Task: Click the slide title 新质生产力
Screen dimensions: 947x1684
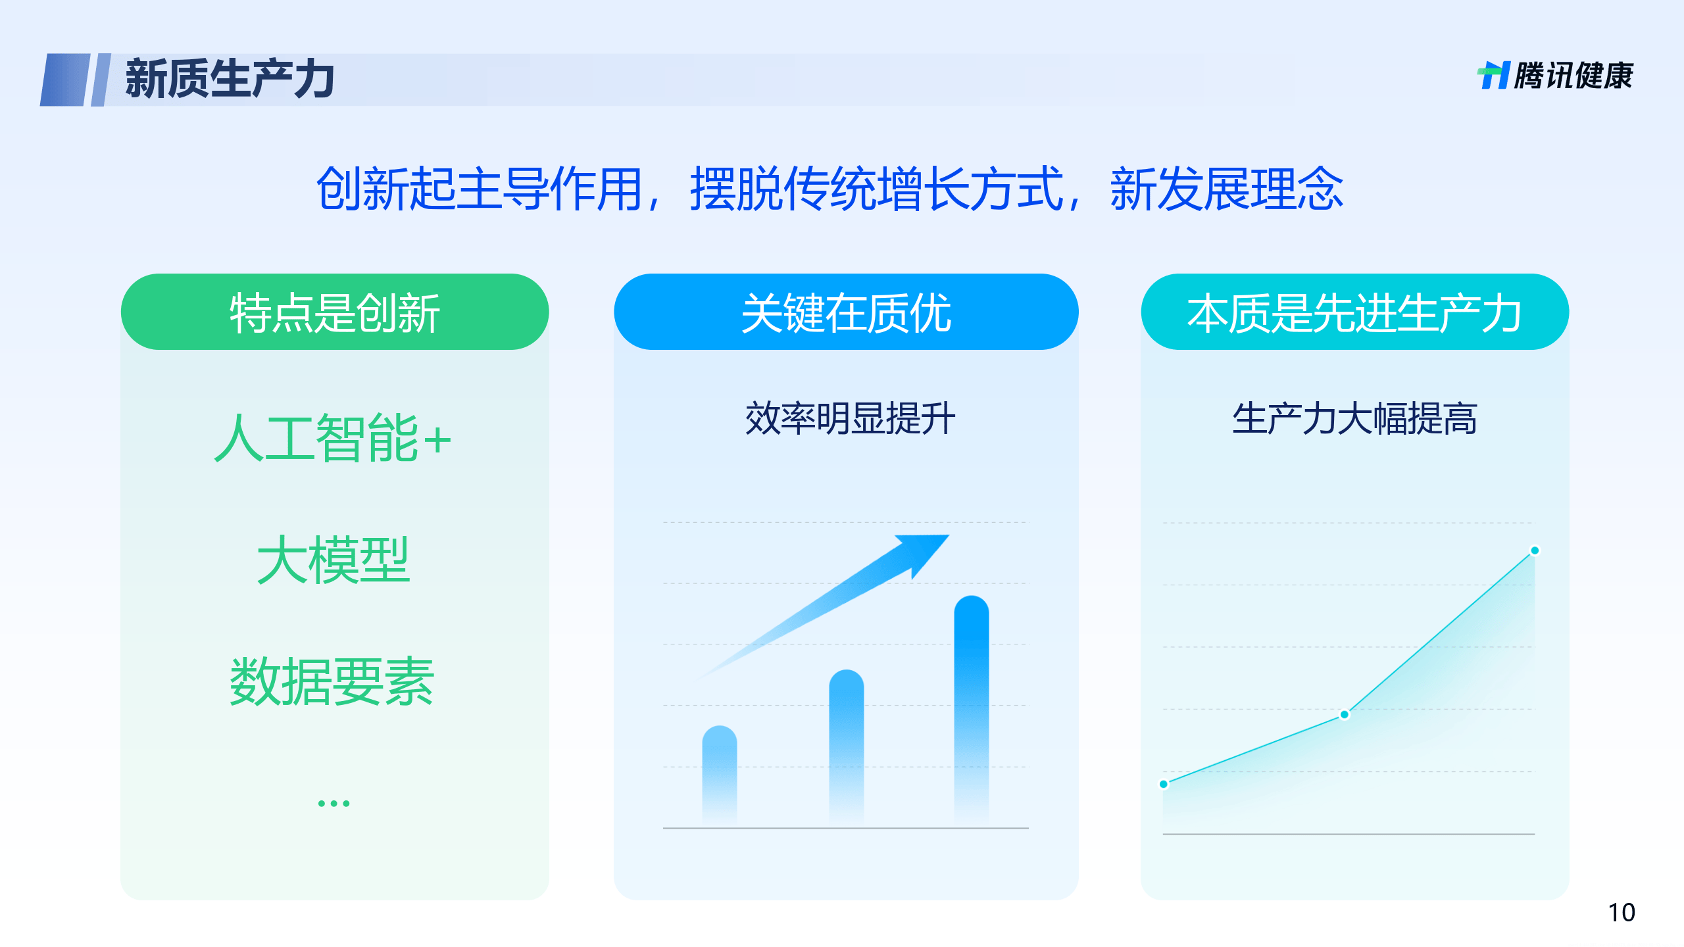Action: pos(230,79)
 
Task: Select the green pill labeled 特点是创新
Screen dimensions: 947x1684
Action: pos(334,312)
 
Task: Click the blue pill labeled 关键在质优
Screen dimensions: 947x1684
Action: pos(845,312)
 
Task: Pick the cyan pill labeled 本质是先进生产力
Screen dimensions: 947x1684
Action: pos(1354,312)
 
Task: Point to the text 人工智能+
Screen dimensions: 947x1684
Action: pos(333,438)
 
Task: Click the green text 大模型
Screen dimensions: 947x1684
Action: pos(333,560)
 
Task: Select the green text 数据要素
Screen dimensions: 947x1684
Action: pos(333,681)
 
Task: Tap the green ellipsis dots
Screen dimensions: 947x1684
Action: pos(334,803)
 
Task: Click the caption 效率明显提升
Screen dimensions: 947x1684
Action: pos(849,418)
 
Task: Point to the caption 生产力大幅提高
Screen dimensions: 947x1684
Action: pos(1354,418)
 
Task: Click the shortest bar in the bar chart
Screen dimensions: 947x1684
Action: pos(719,773)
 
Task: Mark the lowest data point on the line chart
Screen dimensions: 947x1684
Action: pos(1164,784)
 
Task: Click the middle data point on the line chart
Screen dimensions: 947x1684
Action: pos(1345,714)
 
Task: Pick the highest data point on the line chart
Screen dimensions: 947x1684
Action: pos(1535,550)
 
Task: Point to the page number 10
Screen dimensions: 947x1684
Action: pos(1622,913)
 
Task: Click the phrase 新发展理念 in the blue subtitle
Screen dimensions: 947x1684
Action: pos(1227,189)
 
